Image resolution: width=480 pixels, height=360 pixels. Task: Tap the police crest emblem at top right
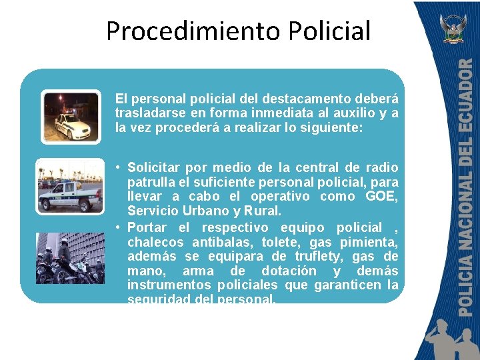pos(455,28)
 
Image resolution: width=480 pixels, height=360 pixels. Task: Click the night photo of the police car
pos(71,117)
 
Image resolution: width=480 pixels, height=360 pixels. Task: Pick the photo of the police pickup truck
pos(69,186)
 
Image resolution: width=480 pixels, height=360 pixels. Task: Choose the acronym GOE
pos(381,197)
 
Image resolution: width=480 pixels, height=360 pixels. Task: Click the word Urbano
pos(196,211)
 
